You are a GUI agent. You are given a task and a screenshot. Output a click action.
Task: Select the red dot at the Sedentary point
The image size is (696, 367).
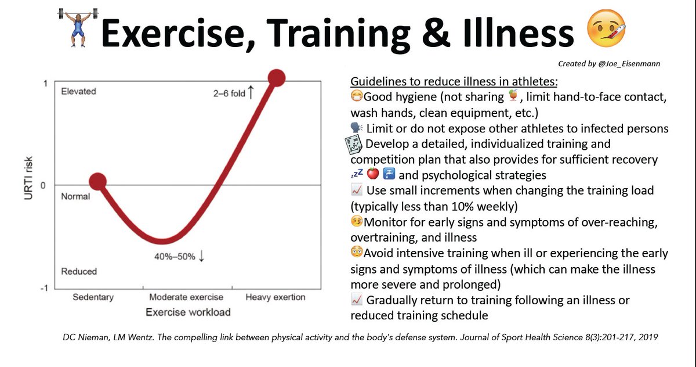[x=98, y=182]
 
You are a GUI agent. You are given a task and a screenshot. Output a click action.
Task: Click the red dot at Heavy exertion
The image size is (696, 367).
[x=276, y=78]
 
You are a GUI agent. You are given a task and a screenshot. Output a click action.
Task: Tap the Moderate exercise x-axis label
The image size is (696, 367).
[x=184, y=297]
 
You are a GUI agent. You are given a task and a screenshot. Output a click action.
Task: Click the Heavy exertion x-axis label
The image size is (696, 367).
[x=275, y=297]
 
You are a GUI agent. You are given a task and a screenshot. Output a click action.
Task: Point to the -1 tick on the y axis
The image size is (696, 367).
[x=44, y=288]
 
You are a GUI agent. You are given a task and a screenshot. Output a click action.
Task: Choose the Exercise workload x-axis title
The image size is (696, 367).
[x=187, y=312]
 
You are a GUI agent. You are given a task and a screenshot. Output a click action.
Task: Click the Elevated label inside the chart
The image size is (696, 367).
[x=78, y=91]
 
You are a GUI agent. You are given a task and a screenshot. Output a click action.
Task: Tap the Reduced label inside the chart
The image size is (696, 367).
[x=79, y=271]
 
